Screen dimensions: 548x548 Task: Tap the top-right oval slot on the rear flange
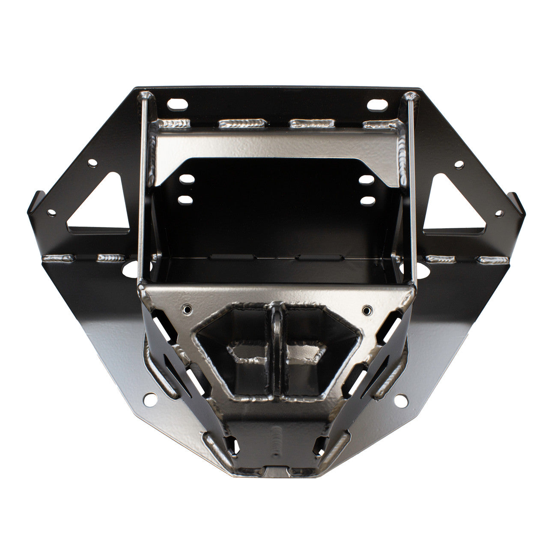point(375,104)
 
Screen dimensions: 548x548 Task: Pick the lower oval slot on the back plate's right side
point(365,200)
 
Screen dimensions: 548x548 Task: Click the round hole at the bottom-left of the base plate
point(150,399)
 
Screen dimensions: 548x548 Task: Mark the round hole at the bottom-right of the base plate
point(401,399)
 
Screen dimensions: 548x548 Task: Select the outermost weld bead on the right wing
point(492,259)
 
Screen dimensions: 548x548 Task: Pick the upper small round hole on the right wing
point(459,164)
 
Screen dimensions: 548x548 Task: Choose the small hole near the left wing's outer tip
point(52,212)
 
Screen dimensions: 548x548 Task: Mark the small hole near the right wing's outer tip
point(499,212)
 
